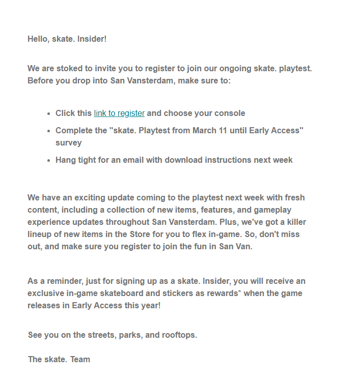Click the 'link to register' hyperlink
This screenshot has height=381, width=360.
tap(119, 113)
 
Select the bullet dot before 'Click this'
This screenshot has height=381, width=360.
tap(49, 114)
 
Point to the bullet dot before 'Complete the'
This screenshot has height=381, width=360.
tap(49, 131)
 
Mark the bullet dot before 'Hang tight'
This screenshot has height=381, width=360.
tap(49, 160)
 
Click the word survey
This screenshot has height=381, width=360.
tap(69, 143)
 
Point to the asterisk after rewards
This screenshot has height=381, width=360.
tap(239, 292)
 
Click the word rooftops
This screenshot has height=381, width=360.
tap(178, 335)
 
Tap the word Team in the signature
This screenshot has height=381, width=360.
tap(80, 359)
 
